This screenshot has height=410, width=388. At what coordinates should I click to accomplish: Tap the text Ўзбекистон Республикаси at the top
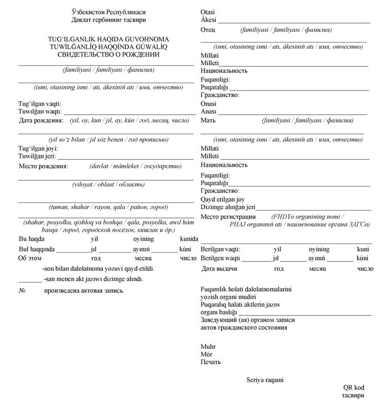click(109, 12)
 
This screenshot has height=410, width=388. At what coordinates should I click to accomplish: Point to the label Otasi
click(208, 12)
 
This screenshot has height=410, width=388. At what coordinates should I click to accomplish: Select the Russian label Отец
click(208, 30)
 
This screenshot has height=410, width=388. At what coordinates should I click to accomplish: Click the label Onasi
click(209, 103)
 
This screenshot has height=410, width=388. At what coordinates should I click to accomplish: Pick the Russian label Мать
click(208, 120)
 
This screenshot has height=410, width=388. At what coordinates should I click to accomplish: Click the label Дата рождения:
click(41, 120)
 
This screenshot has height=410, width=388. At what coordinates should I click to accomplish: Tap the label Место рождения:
click(44, 166)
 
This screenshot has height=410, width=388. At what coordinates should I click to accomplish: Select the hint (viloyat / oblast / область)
click(105, 184)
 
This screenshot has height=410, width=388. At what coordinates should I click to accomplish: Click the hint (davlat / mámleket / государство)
click(135, 166)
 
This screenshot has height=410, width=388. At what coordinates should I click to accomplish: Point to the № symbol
click(22, 290)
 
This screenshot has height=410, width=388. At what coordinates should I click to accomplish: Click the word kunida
click(189, 239)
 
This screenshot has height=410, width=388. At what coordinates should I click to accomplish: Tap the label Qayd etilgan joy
click(223, 199)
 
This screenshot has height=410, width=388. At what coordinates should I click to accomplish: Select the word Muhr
click(208, 346)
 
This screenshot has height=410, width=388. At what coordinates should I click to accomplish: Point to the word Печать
click(211, 362)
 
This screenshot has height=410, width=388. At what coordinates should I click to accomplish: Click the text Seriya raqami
click(265, 380)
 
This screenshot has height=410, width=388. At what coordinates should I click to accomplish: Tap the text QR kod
click(354, 388)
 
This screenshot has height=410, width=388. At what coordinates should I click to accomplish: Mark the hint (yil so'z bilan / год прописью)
click(108, 139)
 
